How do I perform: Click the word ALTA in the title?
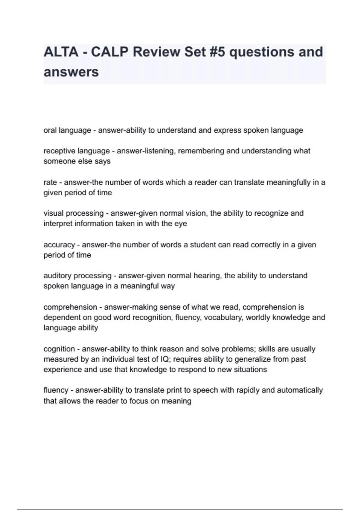pos(61,52)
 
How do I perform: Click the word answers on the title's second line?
pos(71,72)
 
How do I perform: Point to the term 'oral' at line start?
pos(50,130)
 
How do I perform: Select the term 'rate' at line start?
pos(50,182)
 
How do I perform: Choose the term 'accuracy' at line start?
pos(59,245)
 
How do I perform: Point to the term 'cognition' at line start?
pos(58,349)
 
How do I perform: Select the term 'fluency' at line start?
pos(55,390)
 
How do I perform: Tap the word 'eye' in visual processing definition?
pos(181,224)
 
